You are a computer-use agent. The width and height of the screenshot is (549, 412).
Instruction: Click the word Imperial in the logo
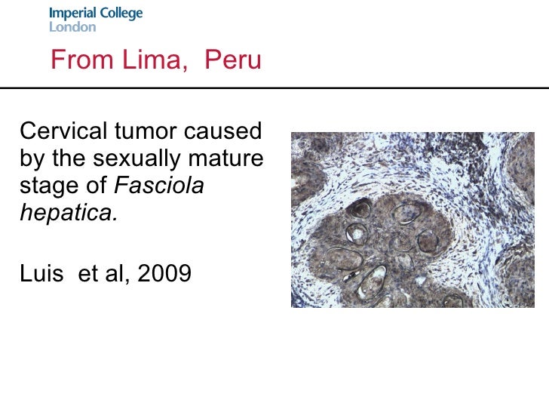73,14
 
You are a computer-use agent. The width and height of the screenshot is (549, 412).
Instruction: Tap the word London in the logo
72,27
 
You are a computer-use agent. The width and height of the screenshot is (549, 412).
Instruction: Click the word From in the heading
78,60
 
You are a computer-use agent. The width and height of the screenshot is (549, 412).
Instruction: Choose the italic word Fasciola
161,186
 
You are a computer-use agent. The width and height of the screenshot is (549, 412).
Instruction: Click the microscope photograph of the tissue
412,220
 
